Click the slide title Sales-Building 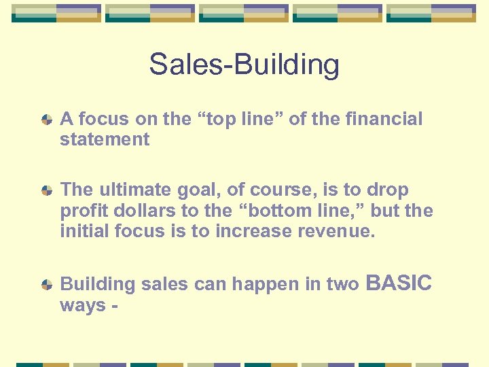tap(244, 65)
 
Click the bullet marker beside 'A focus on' tap(46, 120)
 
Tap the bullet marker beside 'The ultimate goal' tap(46, 191)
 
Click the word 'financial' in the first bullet tap(384, 119)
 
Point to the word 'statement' tap(105, 140)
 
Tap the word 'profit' tap(81, 211)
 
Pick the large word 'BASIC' tap(399, 283)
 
